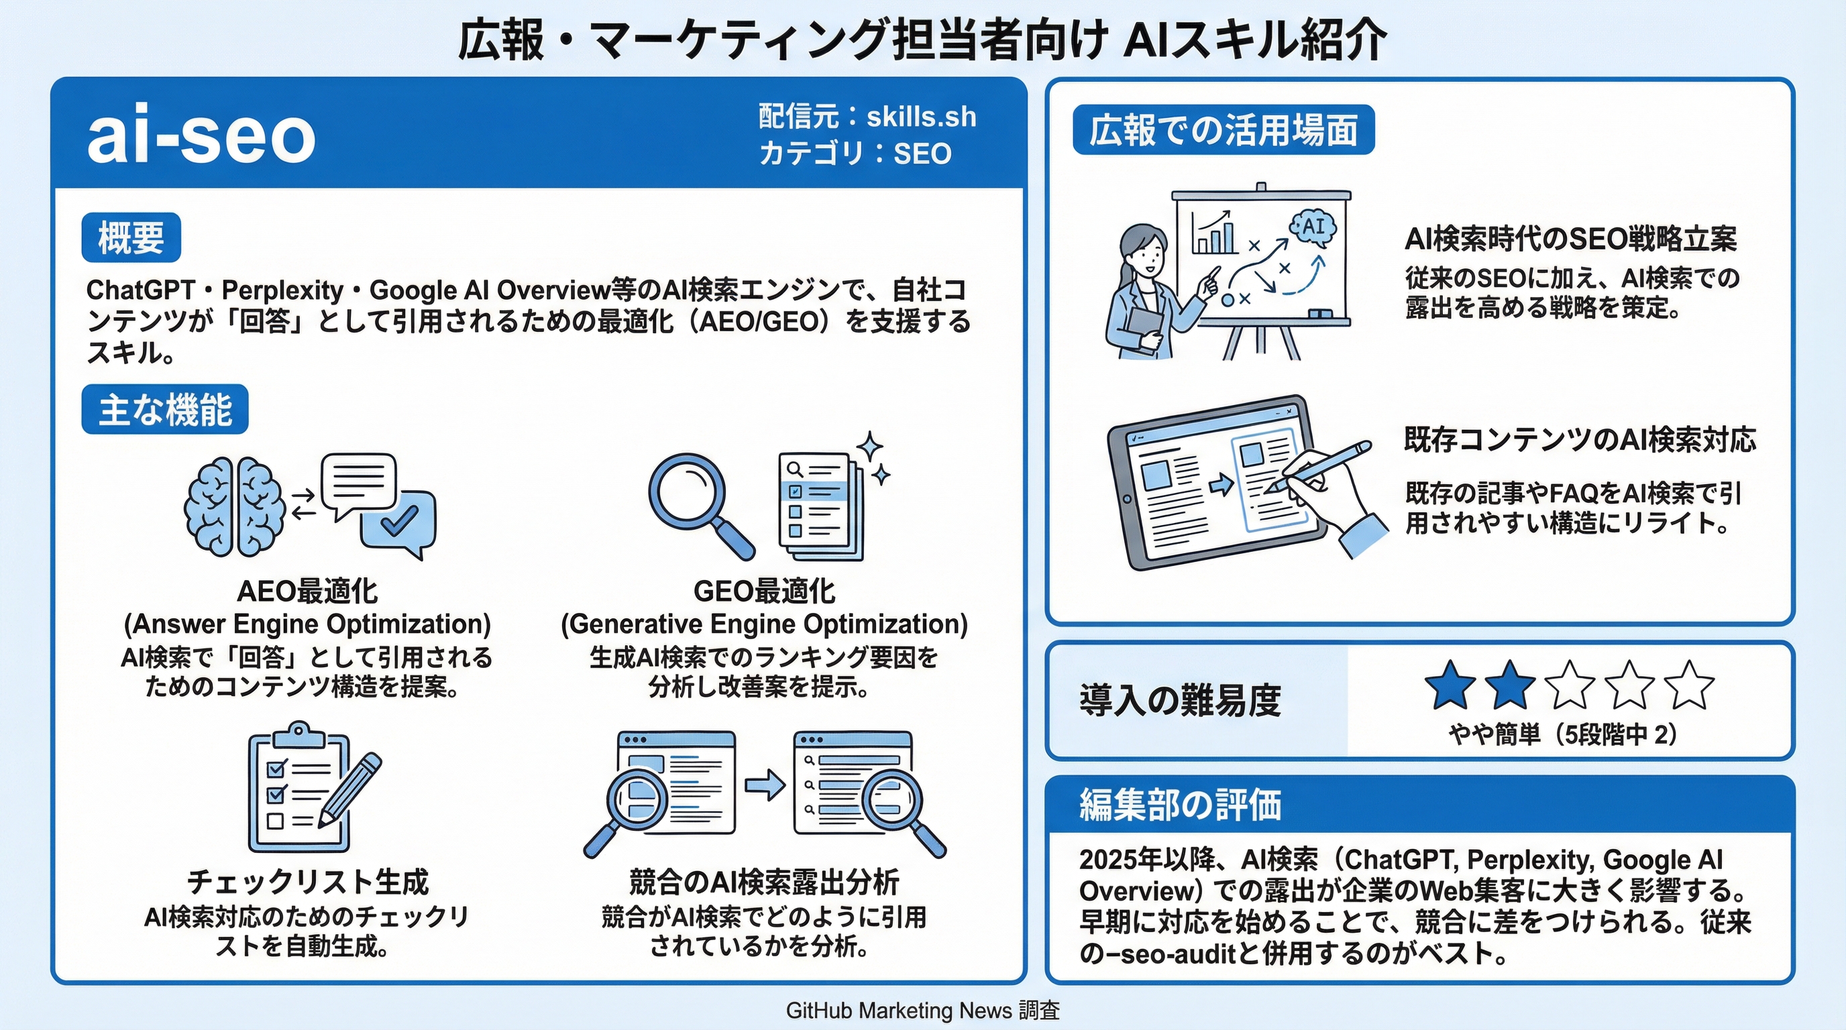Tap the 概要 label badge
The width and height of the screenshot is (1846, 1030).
131,238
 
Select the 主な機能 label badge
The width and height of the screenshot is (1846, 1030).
165,410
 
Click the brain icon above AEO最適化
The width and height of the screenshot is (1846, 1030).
233,507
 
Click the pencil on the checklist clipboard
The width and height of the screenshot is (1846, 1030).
351,788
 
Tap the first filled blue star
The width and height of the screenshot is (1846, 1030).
1450,685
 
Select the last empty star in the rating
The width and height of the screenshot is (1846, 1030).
1689,685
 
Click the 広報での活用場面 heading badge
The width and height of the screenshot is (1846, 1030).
1224,130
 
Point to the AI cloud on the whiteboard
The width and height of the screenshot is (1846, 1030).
1313,228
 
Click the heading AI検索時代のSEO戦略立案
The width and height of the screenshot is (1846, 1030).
1570,239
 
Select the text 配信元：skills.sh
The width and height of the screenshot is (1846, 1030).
867,117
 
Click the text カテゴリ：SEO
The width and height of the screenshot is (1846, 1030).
855,154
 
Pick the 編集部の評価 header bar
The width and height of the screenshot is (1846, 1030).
1419,805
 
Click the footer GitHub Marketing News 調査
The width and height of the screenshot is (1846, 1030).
922,1011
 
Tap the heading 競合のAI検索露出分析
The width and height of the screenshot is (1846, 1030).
764,882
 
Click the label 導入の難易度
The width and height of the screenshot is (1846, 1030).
1179,701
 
